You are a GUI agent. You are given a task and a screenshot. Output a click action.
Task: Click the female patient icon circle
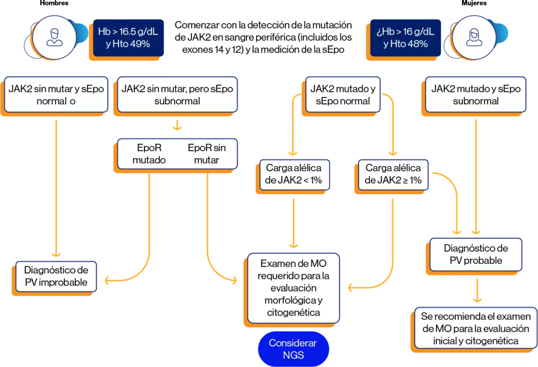tap(474, 37)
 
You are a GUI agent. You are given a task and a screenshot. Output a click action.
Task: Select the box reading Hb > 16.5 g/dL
tap(128, 38)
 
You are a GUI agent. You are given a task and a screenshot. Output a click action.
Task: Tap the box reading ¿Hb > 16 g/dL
tap(405, 38)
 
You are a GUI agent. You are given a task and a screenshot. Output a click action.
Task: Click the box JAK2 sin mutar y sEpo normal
tap(56, 94)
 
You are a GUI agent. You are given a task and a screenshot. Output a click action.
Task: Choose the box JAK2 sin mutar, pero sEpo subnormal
tap(177, 94)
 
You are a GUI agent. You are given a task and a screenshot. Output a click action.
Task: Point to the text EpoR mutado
tap(149, 154)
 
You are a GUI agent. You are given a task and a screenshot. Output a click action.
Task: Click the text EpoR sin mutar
tap(206, 154)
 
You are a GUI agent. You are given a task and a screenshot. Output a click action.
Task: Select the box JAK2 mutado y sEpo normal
tap(343, 94)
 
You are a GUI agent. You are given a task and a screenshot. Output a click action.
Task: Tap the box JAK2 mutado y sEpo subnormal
tap(475, 94)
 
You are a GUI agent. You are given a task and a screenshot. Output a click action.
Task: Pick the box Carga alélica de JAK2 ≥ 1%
tap(393, 174)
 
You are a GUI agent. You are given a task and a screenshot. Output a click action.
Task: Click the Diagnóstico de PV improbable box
tap(56, 276)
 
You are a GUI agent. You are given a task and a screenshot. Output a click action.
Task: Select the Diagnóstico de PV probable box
tap(476, 254)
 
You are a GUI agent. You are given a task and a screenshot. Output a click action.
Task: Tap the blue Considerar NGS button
tap(293, 349)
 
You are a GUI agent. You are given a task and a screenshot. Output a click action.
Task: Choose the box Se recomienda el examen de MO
tap(476, 329)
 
